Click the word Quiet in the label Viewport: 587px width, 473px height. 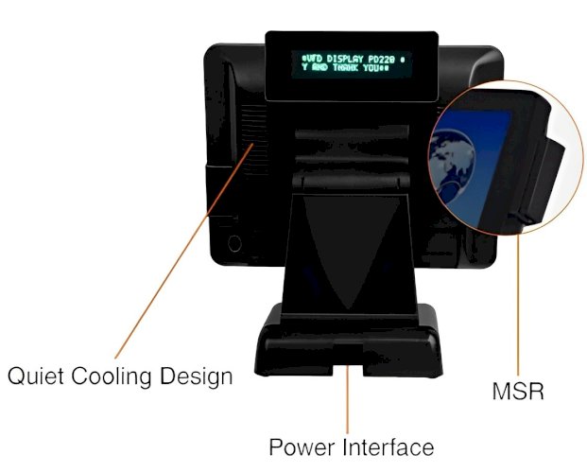(x=36, y=376)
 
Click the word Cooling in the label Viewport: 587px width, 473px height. (x=112, y=377)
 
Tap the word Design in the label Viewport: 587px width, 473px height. (x=197, y=377)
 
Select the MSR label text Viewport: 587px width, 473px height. (x=518, y=391)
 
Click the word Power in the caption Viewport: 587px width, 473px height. (x=302, y=447)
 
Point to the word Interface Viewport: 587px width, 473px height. (x=388, y=447)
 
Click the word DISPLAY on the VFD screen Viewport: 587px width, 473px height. (x=345, y=59)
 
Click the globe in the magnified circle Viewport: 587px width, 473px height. (x=452, y=161)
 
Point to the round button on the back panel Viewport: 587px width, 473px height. (x=234, y=243)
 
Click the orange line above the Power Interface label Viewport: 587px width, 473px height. (x=348, y=399)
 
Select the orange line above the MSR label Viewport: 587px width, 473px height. (x=519, y=306)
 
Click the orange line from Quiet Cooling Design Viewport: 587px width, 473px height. (x=183, y=251)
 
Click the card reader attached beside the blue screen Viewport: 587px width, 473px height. (x=543, y=180)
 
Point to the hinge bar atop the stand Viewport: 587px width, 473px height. (x=351, y=182)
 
